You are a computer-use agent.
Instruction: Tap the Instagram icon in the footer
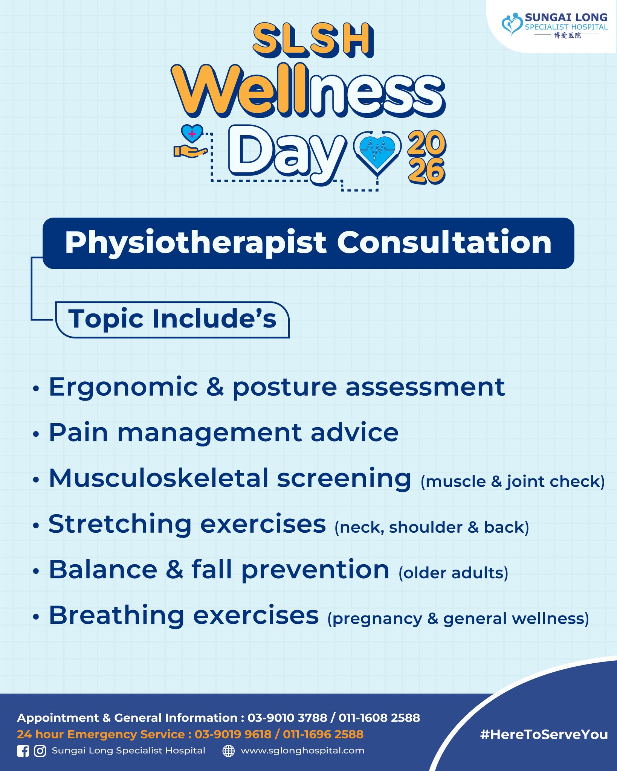tap(40, 751)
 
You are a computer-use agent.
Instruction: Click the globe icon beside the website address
tap(229, 751)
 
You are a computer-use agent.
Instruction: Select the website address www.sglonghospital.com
tap(303, 751)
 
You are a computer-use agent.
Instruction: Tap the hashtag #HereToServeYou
tap(544, 734)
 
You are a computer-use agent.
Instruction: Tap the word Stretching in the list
tap(120, 525)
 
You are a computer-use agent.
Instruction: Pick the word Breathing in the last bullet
tap(117, 616)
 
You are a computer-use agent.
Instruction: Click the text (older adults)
tap(454, 573)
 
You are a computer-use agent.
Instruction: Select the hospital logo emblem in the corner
tap(512, 24)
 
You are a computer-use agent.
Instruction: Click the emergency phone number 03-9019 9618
tap(233, 734)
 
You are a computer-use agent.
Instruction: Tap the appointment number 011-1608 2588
tap(379, 718)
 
